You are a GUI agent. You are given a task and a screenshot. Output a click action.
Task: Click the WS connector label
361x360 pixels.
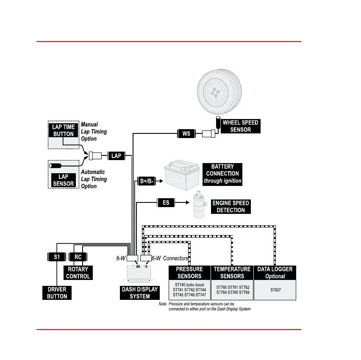(x=186, y=134)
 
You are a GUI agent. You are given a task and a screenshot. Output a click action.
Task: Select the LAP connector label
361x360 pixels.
(x=116, y=156)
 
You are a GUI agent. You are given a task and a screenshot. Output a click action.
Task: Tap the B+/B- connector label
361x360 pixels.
(x=147, y=181)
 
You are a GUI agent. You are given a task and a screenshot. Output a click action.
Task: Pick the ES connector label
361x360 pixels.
(x=166, y=202)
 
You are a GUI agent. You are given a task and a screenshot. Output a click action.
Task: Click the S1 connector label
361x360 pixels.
(x=57, y=257)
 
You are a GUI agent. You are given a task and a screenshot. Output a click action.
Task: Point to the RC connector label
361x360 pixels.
(x=78, y=257)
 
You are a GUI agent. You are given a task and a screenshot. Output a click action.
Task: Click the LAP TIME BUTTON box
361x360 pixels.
(x=63, y=130)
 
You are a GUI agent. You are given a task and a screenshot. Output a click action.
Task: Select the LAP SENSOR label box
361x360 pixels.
(x=63, y=180)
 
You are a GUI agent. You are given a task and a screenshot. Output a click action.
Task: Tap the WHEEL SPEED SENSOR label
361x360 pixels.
(x=240, y=126)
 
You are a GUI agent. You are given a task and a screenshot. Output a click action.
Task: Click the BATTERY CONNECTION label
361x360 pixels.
(x=222, y=174)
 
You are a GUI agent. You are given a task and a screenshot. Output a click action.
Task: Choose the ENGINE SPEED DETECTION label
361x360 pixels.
(x=230, y=207)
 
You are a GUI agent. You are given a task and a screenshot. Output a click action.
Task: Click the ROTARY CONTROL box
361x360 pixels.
(x=78, y=272)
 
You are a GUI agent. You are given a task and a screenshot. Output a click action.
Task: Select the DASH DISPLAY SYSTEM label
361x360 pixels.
(x=140, y=293)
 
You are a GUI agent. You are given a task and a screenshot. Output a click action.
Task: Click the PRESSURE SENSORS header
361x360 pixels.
(x=189, y=272)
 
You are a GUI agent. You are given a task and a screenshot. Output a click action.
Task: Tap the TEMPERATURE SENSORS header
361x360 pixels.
(x=232, y=272)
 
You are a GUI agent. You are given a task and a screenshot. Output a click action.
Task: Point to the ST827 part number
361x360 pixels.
(x=275, y=291)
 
